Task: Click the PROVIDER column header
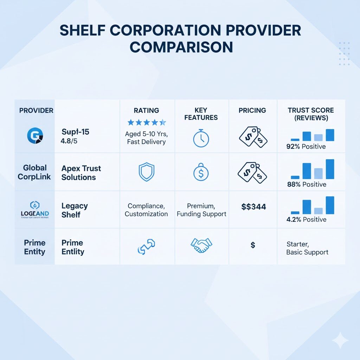pos(36,110)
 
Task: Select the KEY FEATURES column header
pos(201,114)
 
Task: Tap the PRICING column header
pos(252,110)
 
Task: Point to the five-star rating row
pos(146,122)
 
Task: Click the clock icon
pos(201,139)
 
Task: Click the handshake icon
pos(201,245)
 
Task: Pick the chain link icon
pos(146,246)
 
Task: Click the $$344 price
pos(253,207)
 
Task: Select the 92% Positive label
pos(306,147)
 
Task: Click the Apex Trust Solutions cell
pos(81,173)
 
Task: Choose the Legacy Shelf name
pos(75,210)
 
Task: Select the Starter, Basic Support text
pos(307,248)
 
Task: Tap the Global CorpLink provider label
pos(34,172)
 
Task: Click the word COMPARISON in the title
pos(181,47)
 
